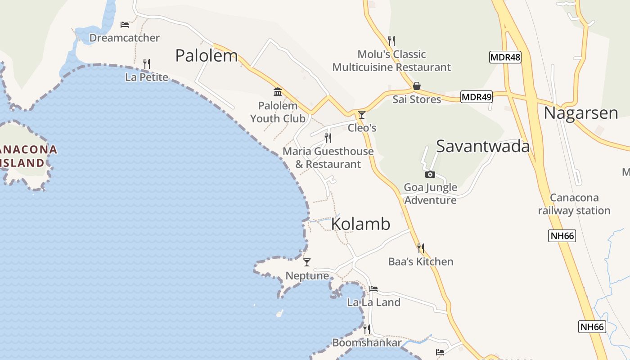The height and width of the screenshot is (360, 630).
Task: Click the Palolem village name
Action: point(206,56)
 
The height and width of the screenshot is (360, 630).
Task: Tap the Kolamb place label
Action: point(360,224)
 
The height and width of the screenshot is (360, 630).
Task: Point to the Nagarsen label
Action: point(580,113)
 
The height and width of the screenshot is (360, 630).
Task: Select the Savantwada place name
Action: point(482,146)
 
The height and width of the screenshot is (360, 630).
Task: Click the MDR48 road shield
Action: point(505,57)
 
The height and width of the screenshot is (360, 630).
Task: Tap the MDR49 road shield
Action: point(477,96)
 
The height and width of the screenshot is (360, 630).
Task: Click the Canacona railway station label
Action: point(574,204)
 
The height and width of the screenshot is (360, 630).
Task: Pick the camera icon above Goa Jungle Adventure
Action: point(430,174)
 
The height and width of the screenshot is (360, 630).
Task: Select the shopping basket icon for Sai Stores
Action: point(417,86)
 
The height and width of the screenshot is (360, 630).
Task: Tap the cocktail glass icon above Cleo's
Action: point(361,115)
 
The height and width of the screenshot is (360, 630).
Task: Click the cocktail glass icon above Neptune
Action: point(307,262)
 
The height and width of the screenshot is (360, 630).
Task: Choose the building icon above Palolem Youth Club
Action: point(278,92)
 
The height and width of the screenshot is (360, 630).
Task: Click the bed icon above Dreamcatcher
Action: point(125,24)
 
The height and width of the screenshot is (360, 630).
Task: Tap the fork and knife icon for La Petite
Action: point(146,64)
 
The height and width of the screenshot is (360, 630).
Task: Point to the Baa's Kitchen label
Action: point(421,261)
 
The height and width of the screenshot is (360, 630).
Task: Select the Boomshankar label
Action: point(367,343)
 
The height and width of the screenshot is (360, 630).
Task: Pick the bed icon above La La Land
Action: point(373,289)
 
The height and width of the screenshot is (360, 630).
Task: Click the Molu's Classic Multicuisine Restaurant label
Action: point(391,61)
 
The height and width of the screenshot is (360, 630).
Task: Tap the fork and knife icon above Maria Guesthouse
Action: point(328,138)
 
